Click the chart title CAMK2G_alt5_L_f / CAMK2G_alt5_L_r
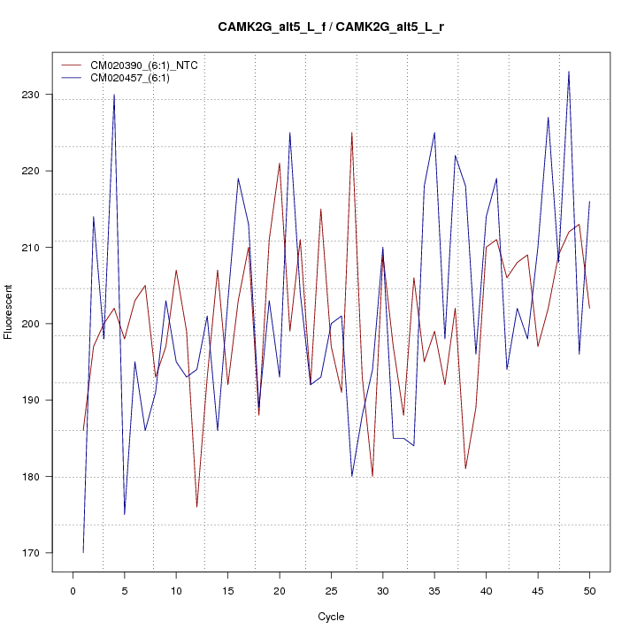coord(331,27)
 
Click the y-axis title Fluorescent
coord(9,311)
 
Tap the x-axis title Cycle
coord(331,617)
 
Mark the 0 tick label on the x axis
coord(73,589)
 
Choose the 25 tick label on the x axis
coord(331,589)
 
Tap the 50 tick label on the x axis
coord(589,589)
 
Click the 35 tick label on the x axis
coord(434,589)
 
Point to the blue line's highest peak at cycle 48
coord(569,72)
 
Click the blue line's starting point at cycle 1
coord(83,553)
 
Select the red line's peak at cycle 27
coord(351,133)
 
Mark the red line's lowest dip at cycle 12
coord(196,507)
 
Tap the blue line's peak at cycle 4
coord(114,95)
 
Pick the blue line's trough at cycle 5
coord(125,514)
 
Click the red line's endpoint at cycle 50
coord(589,308)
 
